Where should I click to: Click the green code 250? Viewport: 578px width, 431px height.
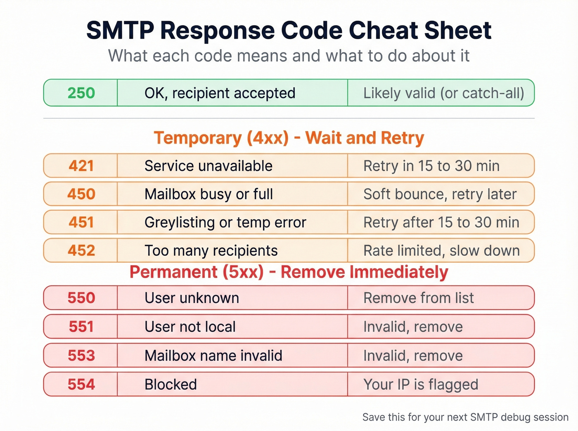coord(81,93)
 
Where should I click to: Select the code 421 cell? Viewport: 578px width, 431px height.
coord(81,166)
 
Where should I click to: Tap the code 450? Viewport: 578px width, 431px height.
coord(81,194)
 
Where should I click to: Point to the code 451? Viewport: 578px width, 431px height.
coord(81,222)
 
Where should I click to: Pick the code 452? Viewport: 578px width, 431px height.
coord(81,250)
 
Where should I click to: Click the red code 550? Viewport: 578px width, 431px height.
coord(81,298)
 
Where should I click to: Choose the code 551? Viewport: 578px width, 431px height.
coord(81,327)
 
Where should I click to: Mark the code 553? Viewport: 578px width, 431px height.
coord(81,356)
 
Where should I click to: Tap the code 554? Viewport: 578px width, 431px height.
coord(81,384)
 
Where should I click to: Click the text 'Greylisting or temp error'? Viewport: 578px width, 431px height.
coord(225,222)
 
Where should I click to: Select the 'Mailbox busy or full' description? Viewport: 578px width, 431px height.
coord(208,194)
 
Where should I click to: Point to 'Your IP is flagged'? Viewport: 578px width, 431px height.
coord(420,384)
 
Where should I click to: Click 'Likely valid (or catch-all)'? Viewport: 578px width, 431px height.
coord(443,93)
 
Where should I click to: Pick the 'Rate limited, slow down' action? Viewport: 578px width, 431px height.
coord(441,250)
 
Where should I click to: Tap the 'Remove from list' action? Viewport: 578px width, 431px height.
coord(418,298)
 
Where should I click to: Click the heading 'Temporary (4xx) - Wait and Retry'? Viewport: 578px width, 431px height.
coord(289,138)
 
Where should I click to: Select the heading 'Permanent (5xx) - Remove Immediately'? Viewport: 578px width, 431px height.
coord(289,272)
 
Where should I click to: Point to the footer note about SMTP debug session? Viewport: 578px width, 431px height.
coord(465,417)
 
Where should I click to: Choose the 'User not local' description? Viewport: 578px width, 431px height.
coord(190,327)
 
